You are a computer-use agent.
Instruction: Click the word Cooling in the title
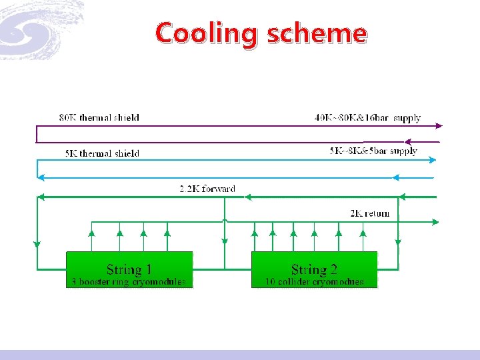pos(207,33)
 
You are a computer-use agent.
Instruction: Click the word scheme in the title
pos(316,33)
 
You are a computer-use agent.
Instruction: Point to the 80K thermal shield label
pos(99,118)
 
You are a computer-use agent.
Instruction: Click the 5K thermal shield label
pos(102,153)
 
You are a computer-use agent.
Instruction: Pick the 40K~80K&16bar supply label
pos(367,118)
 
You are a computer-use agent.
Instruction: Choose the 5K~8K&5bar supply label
pos(373,151)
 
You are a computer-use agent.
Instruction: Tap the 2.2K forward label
pos(207,189)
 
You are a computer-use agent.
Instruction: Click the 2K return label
pos(370,213)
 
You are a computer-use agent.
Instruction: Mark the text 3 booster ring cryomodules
pos(129,282)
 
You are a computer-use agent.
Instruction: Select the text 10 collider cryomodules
pos(314,282)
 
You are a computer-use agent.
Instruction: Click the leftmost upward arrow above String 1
pos(92,233)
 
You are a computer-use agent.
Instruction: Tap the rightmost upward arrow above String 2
pos(363,233)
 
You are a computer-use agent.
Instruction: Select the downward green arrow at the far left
pos(37,244)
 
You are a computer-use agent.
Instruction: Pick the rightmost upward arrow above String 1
pos(167,233)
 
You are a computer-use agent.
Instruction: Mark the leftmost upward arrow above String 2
pos(254,233)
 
